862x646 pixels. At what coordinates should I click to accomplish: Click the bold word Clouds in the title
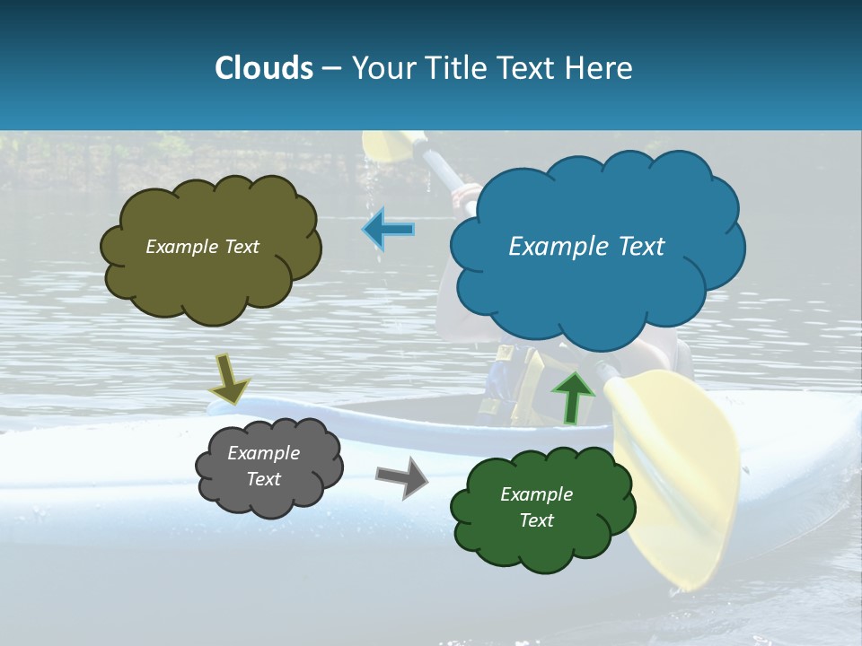(264, 68)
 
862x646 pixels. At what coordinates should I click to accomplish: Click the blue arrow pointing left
(389, 230)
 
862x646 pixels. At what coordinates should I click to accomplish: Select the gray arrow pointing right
(401, 476)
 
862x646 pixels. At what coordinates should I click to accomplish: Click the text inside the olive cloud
(202, 247)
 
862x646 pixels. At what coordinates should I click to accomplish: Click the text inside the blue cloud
(586, 247)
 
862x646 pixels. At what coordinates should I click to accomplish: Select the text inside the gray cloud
(263, 466)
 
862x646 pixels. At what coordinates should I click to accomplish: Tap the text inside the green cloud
(536, 507)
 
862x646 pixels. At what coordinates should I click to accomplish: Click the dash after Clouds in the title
(330, 68)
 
